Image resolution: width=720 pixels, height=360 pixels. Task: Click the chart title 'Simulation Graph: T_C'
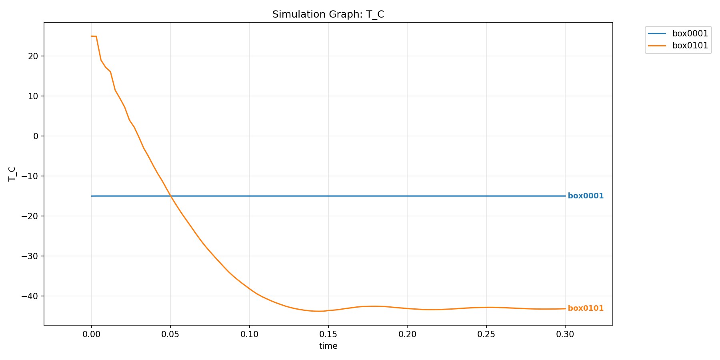[x=328, y=14]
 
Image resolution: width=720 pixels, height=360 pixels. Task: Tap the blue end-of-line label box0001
[x=586, y=196]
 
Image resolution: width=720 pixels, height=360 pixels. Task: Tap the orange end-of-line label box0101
[x=586, y=308]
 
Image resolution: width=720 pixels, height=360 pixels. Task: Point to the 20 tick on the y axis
[x=33, y=56]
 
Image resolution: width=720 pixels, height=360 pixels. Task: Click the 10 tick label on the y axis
[x=33, y=96]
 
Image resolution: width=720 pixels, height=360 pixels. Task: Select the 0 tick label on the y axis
[x=36, y=136]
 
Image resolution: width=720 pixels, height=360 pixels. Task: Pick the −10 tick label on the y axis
[x=30, y=176]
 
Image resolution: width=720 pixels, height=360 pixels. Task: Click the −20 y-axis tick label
[x=30, y=216]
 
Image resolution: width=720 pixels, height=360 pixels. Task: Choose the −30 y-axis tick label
[x=30, y=256]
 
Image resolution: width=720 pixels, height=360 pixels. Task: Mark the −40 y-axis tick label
[x=30, y=296]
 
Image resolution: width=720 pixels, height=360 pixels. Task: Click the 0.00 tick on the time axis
[x=92, y=334]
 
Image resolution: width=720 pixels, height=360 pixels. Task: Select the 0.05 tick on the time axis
[x=170, y=334]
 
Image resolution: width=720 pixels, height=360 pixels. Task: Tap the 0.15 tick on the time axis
[x=328, y=334]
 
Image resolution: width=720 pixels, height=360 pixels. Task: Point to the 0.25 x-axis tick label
[x=486, y=334]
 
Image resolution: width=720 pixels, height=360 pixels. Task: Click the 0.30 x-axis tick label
[x=565, y=334]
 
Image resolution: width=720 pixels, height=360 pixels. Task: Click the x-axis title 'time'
[x=328, y=346]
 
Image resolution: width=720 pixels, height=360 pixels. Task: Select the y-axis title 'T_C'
[x=12, y=174]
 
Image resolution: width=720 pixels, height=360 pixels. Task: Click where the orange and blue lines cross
[x=170, y=196]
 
